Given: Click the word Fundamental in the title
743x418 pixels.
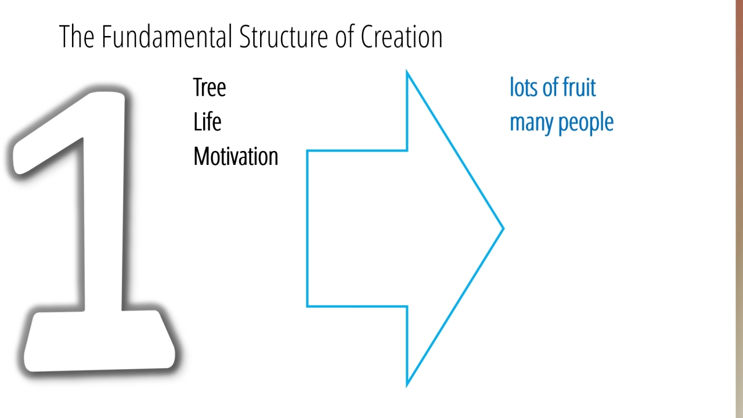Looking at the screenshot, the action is tap(167, 37).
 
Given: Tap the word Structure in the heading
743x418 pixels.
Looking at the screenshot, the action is tap(284, 37).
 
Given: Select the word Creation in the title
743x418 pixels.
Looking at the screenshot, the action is tap(401, 37).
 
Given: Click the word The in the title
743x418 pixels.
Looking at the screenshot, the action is tap(77, 37).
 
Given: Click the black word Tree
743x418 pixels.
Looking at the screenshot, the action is tap(210, 87).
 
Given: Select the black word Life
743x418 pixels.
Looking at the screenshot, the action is tap(207, 122).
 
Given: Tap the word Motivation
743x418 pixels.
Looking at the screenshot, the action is tap(236, 156).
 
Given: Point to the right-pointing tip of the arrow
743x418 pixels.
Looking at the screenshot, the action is tap(503, 228).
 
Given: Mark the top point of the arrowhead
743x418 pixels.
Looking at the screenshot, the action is tap(407, 71).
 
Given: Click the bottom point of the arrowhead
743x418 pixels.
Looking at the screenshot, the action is tap(407, 385).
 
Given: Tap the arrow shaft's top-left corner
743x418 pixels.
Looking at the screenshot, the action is tap(308, 151).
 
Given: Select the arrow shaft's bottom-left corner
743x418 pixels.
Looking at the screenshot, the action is tap(308, 306).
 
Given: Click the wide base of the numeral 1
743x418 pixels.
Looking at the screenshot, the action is tap(99, 342).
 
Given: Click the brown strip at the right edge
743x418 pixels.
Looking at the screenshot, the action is tap(740, 209).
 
